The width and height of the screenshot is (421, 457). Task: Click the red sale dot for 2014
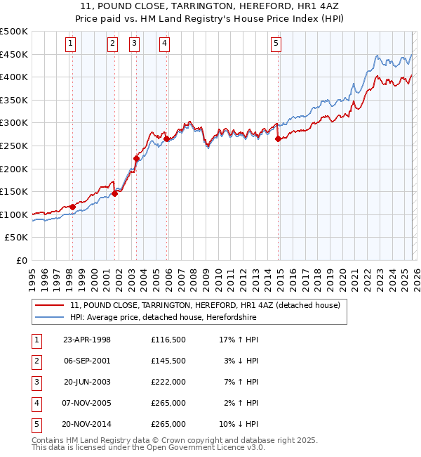pos(279,139)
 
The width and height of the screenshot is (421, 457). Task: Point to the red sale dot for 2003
pos(136,158)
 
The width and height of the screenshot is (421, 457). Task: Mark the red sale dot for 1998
pos(72,207)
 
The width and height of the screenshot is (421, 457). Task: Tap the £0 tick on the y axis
pos(21,260)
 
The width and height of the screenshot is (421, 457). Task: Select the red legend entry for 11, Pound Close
pos(205,305)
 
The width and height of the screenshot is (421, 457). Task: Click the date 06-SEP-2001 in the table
pos(87,361)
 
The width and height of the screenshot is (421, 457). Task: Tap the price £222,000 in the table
pos(168,382)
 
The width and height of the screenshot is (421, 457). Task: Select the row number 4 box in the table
pos(36,403)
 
